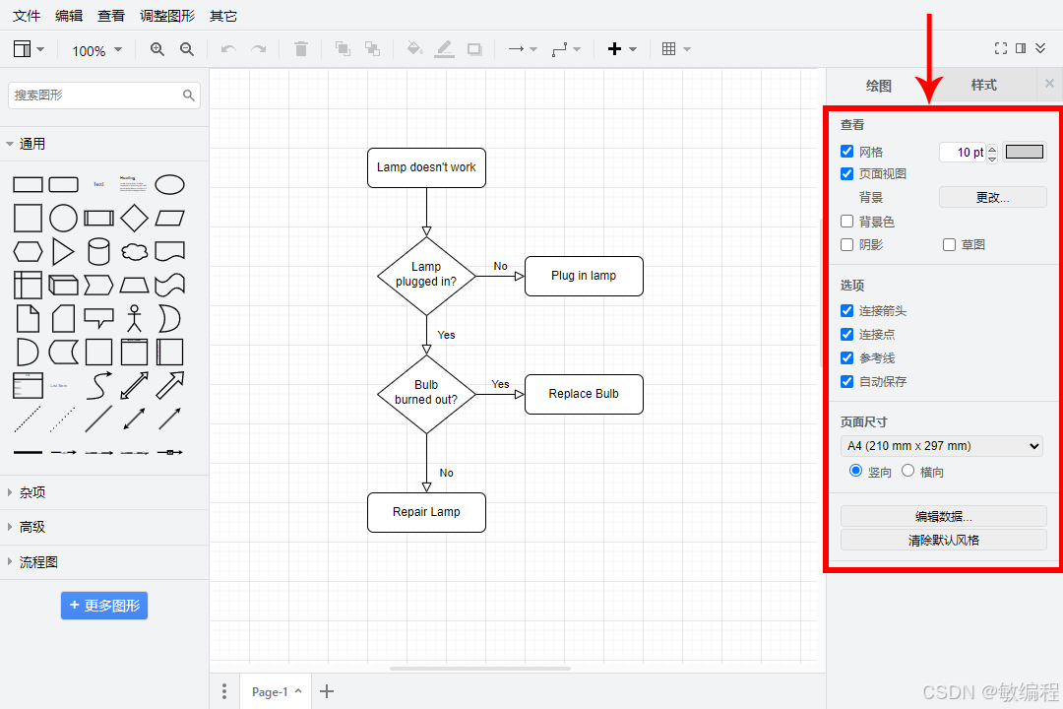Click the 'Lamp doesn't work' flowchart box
[x=426, y=167]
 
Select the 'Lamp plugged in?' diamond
[x=426, y=276]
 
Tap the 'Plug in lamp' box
[x=584, y=276]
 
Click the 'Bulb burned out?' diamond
[x=426, y=394]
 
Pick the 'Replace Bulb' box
[x=584, y=394]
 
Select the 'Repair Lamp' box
[x=426, y=512]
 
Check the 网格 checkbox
[x=847, y=152]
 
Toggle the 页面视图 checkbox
[x=847, y=173]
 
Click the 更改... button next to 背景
[x=992, y=197]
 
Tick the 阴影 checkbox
[x=847, y=244]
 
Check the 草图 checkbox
[x=950, y=244]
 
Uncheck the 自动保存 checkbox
[x=847, y=381]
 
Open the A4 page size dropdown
[x=942, y=446]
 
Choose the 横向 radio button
[x=908, y=471]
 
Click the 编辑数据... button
[x=943, y=516]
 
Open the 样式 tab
[x=983, y=85]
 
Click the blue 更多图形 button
[x=104, y=606]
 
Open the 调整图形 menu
[x=167, y=16]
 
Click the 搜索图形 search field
[x=96, y=96]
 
